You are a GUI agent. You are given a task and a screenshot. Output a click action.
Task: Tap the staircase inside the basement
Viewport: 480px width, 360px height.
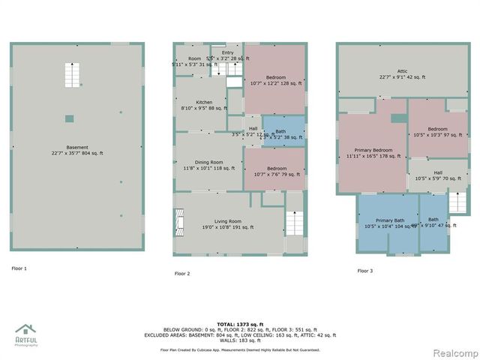coord(73,76)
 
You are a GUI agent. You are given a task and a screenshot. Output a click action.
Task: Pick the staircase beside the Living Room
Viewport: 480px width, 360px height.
coord(295,223)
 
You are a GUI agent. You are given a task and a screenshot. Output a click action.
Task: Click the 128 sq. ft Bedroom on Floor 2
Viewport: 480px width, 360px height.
coord(275,79)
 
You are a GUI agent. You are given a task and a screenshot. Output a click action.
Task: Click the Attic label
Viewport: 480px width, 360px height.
coord(402,73)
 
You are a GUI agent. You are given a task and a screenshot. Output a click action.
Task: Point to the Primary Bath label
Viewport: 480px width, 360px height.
coord(389,223)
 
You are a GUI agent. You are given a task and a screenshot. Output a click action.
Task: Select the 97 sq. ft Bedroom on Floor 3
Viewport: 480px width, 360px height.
coord(437,131)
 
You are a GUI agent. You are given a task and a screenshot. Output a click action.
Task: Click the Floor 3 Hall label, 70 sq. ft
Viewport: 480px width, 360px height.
coord(437,175)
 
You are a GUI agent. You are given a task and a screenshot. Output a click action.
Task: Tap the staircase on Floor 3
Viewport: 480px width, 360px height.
coord(457,201)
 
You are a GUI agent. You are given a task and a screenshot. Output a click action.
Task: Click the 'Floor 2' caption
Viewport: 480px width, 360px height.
coord(182,274)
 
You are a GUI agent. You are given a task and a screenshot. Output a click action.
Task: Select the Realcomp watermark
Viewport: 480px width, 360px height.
coord(454,352)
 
